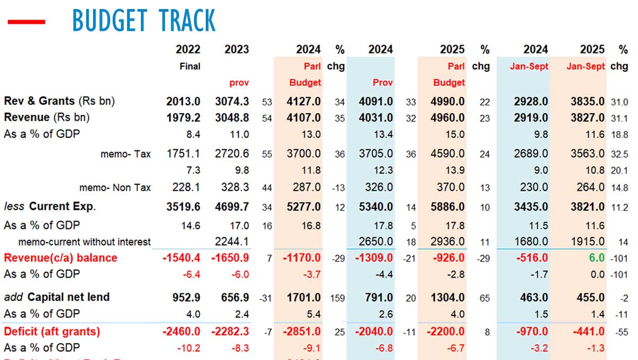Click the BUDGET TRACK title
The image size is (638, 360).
point(144,21)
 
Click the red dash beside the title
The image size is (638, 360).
point(26,22)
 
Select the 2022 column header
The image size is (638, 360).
point(188,49)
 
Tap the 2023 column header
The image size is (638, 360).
point(237,49)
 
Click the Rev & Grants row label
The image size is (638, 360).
point(60,101)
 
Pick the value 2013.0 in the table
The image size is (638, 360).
point(183,102)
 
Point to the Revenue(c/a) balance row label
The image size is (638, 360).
point(60,258)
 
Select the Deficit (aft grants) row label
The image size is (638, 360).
point(52,331)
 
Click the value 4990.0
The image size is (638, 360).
point(448,102)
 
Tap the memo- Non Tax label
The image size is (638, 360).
point(115,187)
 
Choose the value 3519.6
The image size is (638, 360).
point(183,206)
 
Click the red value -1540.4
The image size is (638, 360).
point(181,258)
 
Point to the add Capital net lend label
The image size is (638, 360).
point(56,297)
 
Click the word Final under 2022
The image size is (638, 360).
point(189,66)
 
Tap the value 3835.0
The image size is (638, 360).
point(585,102)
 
